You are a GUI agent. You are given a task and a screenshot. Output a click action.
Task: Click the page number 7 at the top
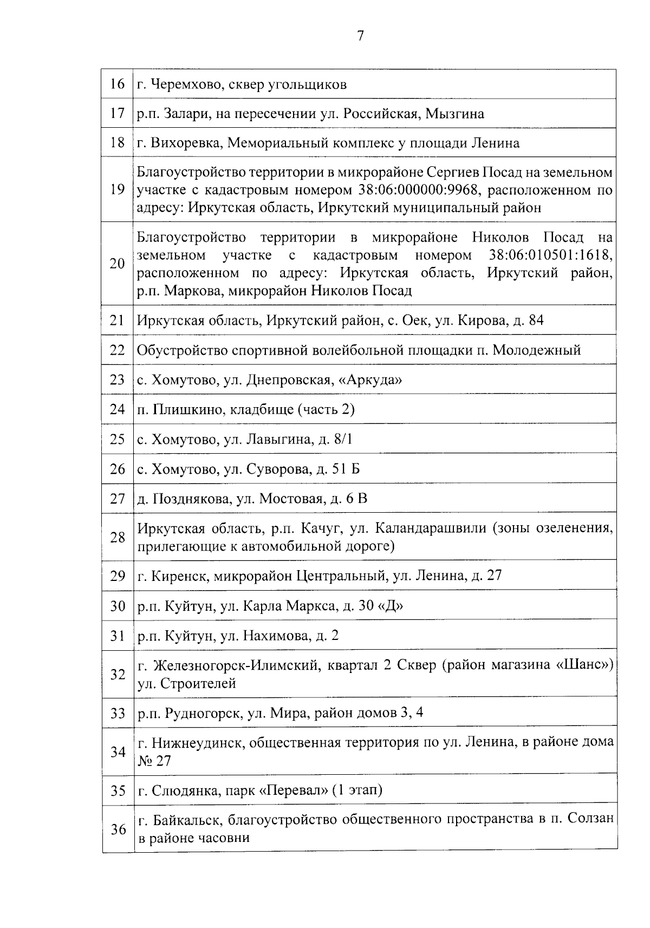pos(360,36)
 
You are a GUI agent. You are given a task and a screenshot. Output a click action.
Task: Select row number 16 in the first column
pos(118,84)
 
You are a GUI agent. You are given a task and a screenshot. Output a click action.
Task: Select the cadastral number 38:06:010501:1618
pos(550,254)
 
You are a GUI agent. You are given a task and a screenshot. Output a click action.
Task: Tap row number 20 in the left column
pos(118,264)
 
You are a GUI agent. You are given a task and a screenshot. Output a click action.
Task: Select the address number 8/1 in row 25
pos(342,439)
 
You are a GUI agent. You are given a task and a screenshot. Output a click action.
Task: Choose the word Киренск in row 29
pos(181,576)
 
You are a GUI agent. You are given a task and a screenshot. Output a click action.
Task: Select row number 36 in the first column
pos(118,829)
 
